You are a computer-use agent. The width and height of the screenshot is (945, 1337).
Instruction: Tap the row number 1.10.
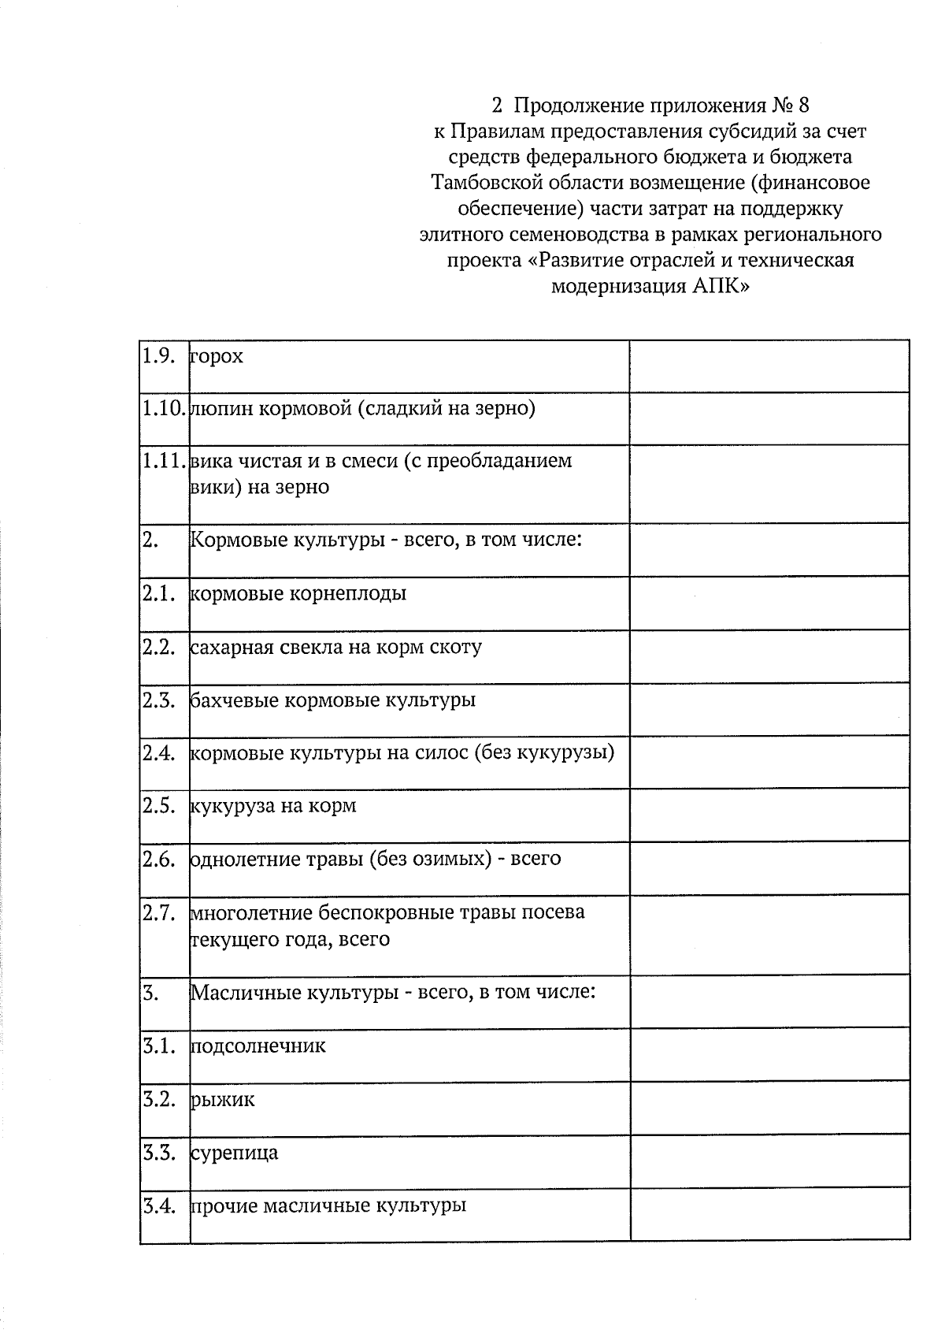click(x=163, y=409)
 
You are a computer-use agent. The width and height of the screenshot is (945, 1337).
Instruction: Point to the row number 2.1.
click(x=158, y=593)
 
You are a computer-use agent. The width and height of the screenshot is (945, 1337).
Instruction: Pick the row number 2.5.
click(x=158, y=806)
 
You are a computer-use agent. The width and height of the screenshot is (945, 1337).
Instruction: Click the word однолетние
click(x=252, y=859)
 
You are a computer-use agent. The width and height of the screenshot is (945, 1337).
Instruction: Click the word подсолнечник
click(x=258, y=1047)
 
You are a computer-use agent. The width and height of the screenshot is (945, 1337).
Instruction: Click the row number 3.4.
click(x=158, y=1206)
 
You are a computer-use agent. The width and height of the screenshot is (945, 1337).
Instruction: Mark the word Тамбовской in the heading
click(x=484, y=183)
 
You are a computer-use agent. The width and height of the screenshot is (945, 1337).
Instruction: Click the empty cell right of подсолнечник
click(x=769, y=1054)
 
